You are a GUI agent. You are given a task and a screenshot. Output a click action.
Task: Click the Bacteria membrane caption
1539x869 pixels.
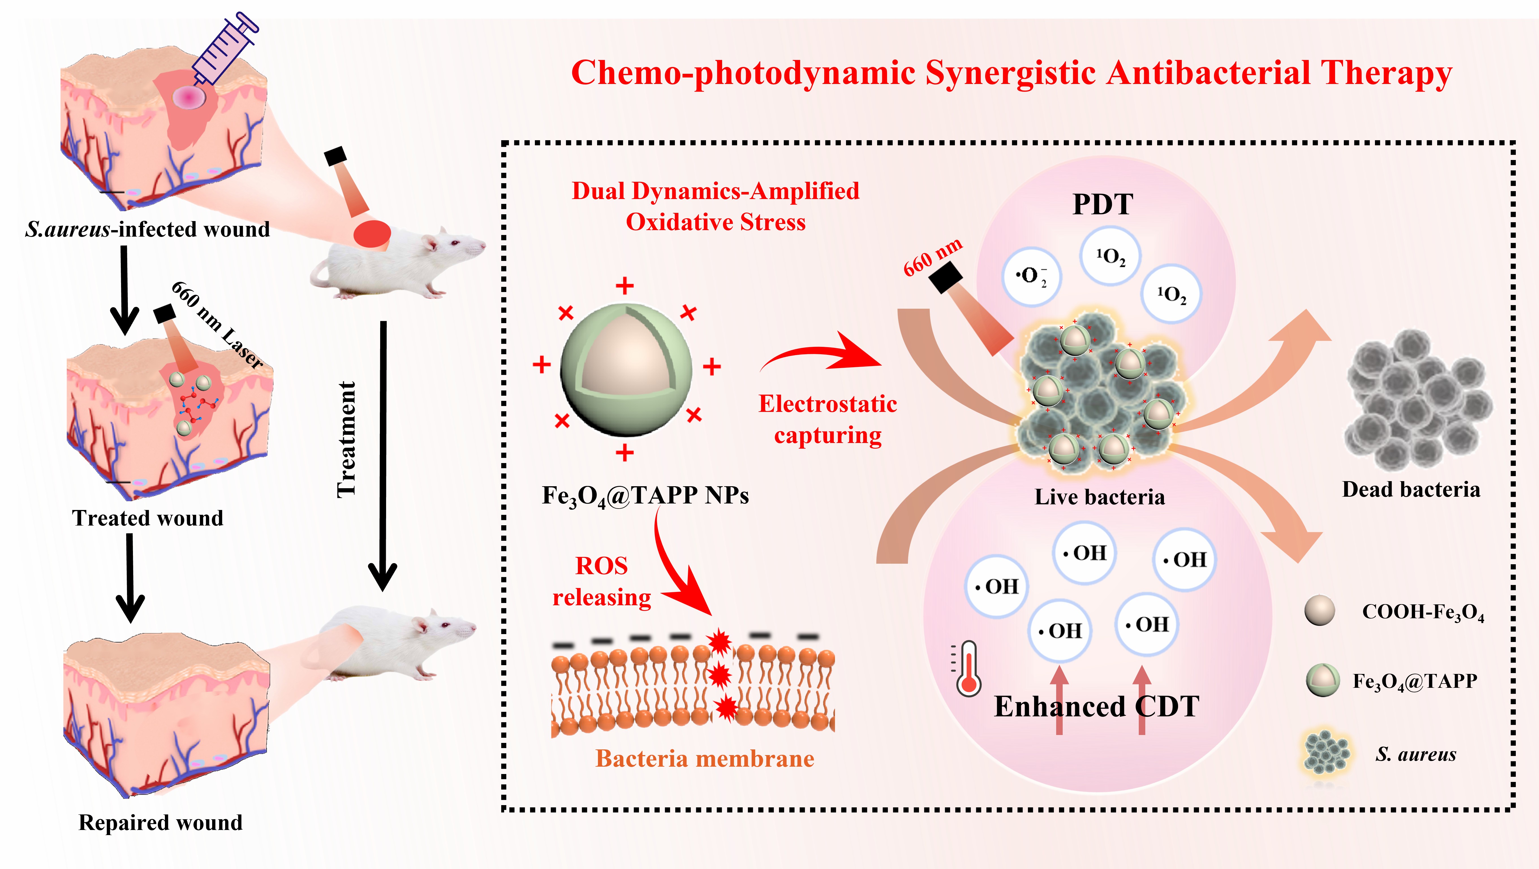click(705, 758)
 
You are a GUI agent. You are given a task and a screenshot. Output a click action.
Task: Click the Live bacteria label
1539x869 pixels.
click(1099, 497)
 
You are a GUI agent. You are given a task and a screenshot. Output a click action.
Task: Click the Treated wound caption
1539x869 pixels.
click(148, 518)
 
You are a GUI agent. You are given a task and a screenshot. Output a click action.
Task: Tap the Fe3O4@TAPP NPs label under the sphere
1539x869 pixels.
click(645, 496)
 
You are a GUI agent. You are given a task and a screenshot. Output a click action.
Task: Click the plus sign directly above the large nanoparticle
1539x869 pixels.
click(625, 286)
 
